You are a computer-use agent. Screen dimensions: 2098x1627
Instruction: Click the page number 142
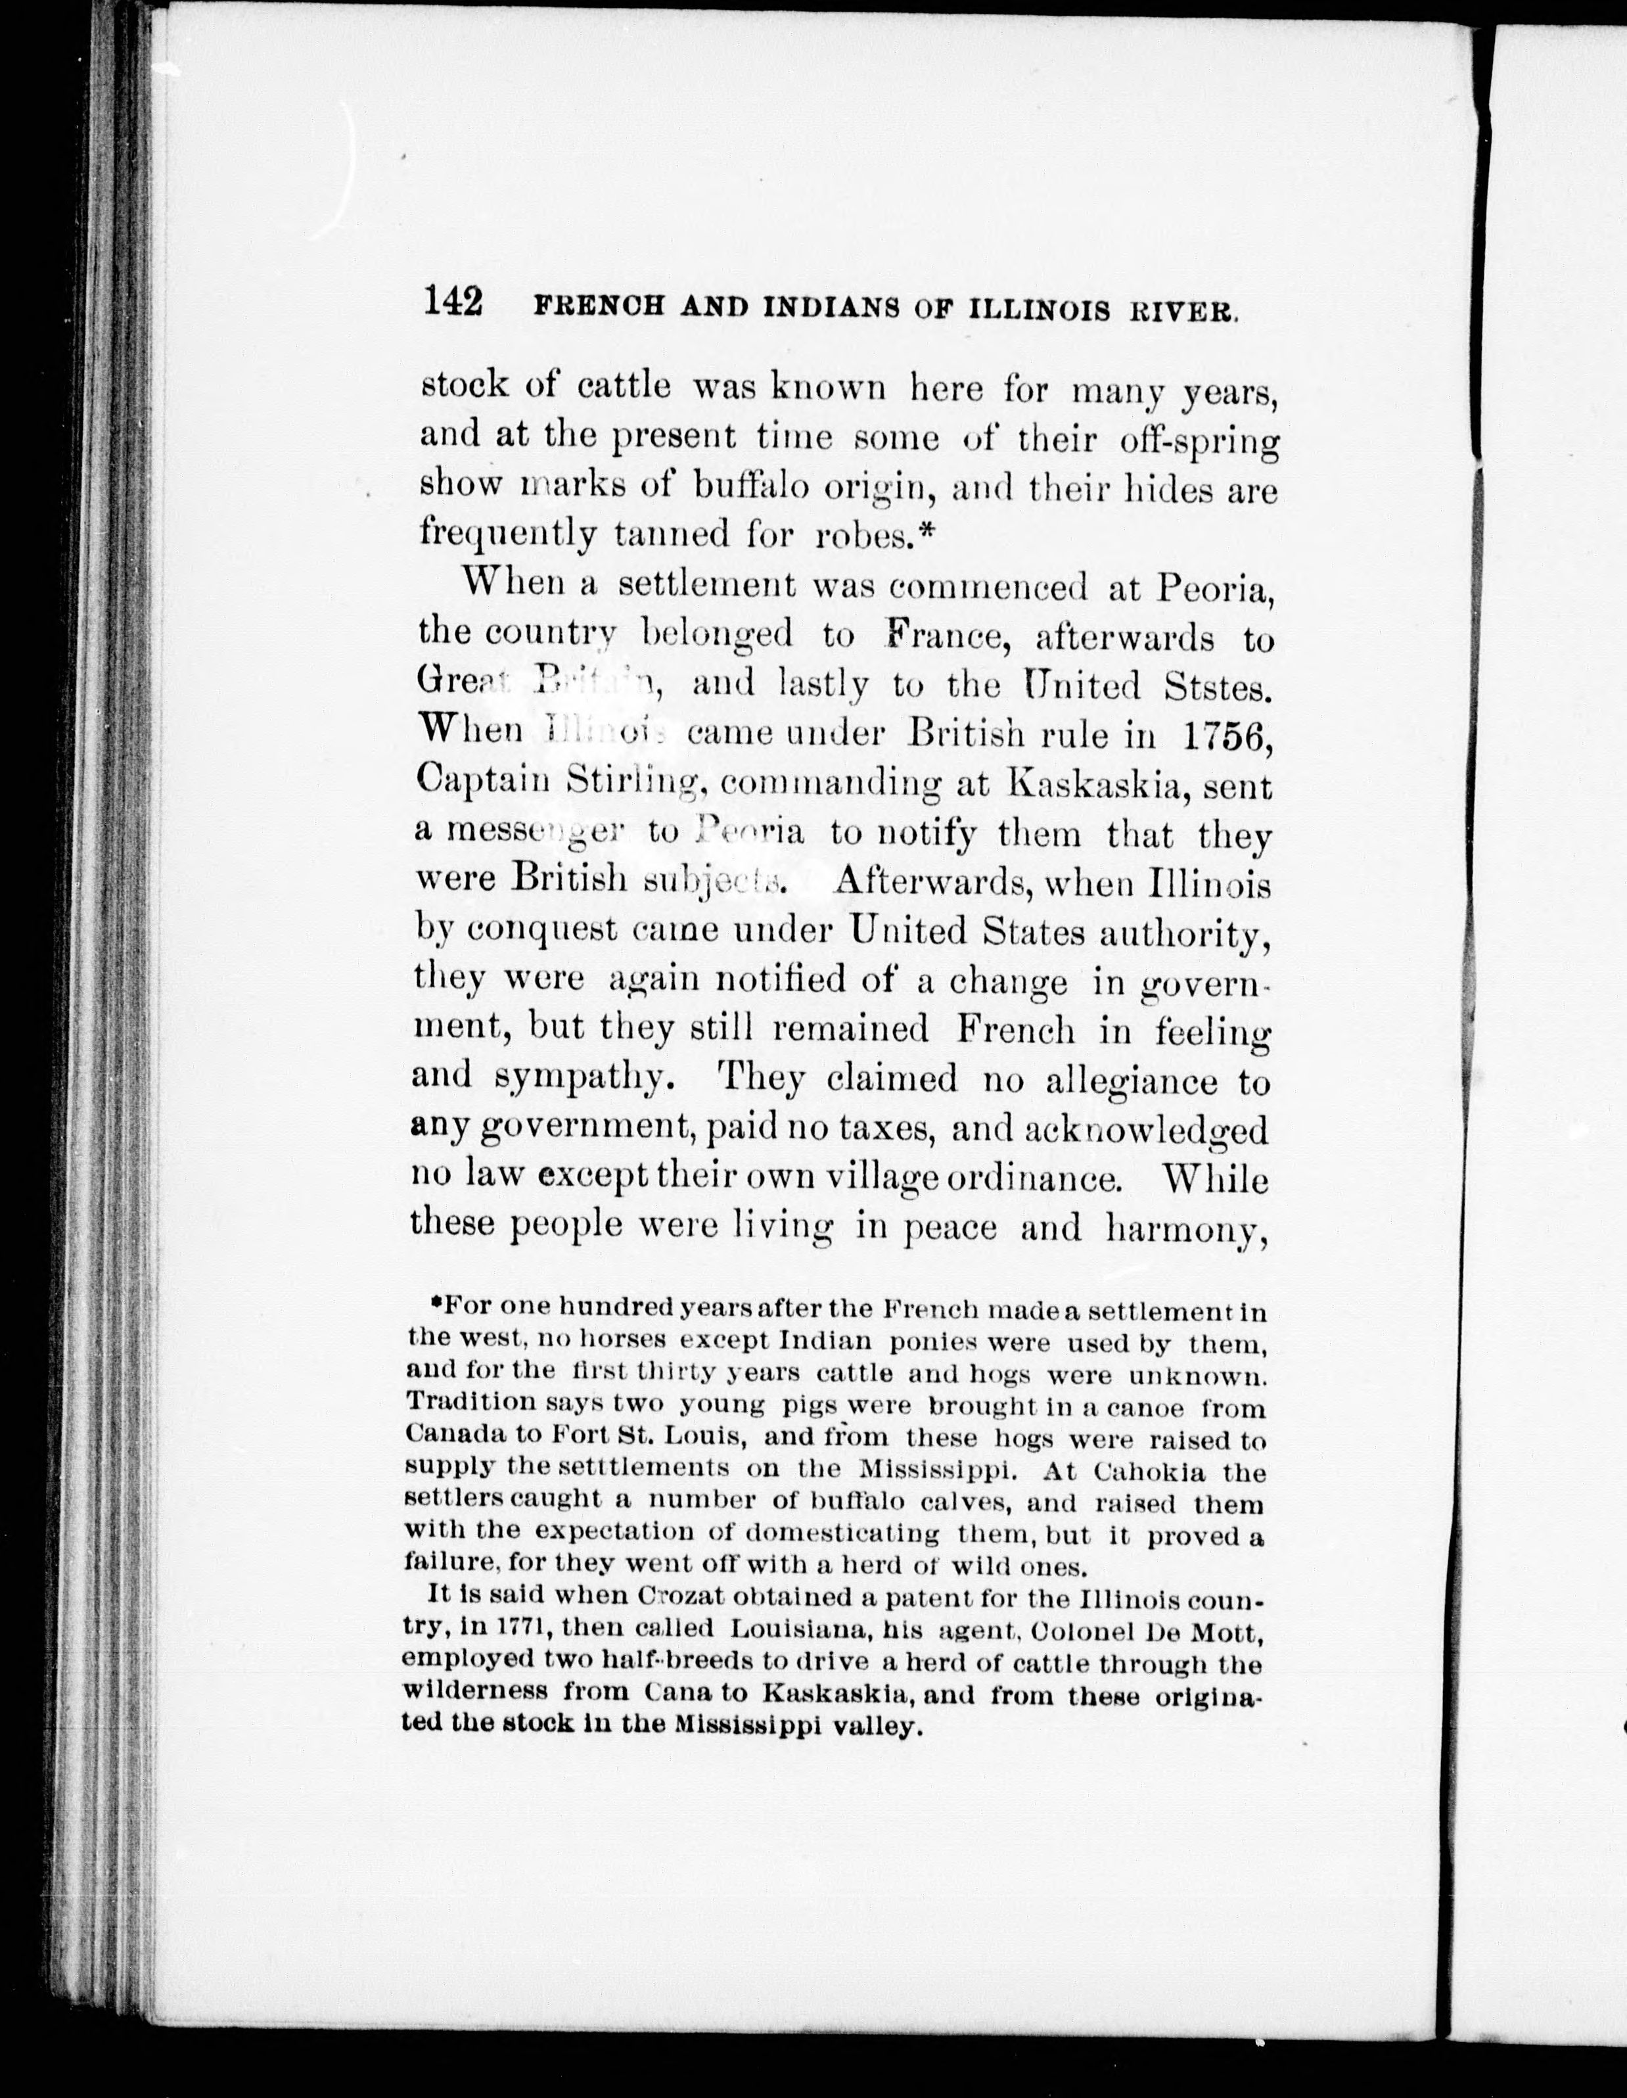[452, 302]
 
